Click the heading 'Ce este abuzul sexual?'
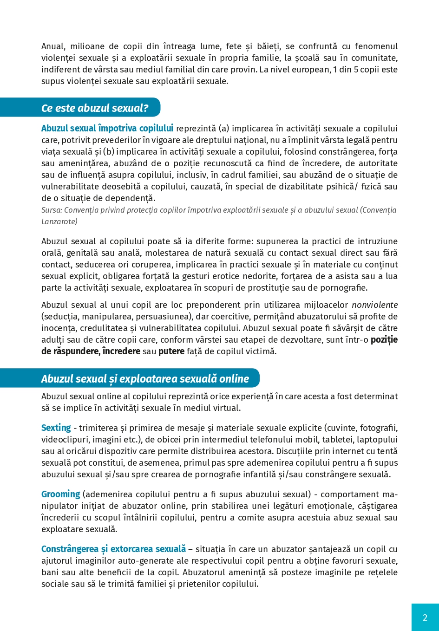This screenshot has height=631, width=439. (95, 108)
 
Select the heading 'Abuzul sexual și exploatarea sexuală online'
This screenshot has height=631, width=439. (145, 379)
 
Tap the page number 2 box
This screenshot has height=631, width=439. (425, 617)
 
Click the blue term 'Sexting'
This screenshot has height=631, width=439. (56, 428)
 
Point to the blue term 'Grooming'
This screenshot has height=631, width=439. (61, 494)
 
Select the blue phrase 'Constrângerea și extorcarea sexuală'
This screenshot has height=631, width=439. (113, 549)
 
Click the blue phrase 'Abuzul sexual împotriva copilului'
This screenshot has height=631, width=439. (107, 128)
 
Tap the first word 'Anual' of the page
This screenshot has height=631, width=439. (52, 46)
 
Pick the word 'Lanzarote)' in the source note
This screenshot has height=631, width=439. (59, 221)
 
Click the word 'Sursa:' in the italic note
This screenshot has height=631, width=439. (52, 210)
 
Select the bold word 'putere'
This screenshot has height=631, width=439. (171, 351)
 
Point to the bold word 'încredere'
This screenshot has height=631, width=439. (121, 351)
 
